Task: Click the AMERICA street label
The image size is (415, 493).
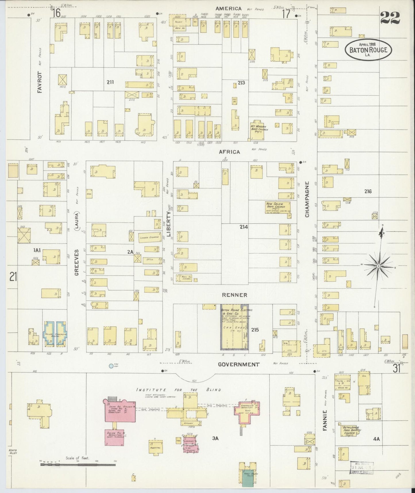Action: [229, 9]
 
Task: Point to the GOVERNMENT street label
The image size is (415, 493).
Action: [239, 364]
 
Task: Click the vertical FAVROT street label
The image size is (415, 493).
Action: [40, 82]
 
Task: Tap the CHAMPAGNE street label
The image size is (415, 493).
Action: [307, 199]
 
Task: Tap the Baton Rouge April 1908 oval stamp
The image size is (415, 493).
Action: [368, 49]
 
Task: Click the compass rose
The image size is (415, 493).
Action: [378, 266]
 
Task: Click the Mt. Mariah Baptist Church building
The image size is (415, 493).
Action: [258, 130]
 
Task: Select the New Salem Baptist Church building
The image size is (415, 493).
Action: [278, 207]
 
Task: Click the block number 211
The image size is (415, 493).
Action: [110, 82]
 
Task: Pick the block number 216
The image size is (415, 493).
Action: [368, 191]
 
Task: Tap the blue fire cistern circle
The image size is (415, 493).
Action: [111, 366]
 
